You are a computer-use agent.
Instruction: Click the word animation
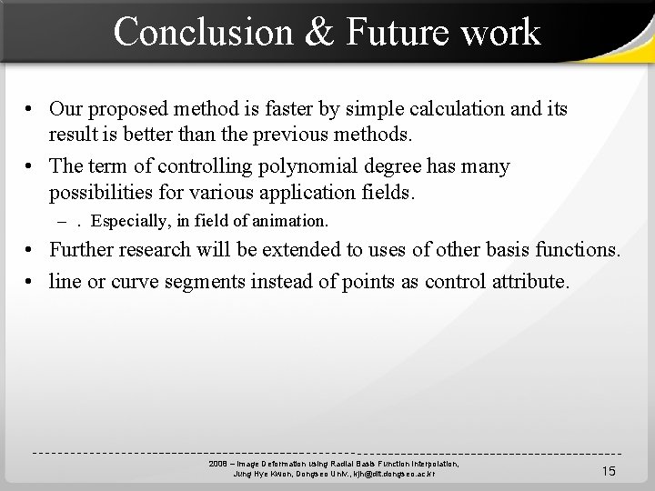[290, 221]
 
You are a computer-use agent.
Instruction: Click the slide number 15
[609, 470]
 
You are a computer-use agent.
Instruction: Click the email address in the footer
[395, 474]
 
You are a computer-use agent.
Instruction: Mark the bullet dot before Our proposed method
[31, 110]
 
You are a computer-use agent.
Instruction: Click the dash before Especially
[61, 221]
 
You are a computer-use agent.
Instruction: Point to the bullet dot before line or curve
[31, 282]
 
